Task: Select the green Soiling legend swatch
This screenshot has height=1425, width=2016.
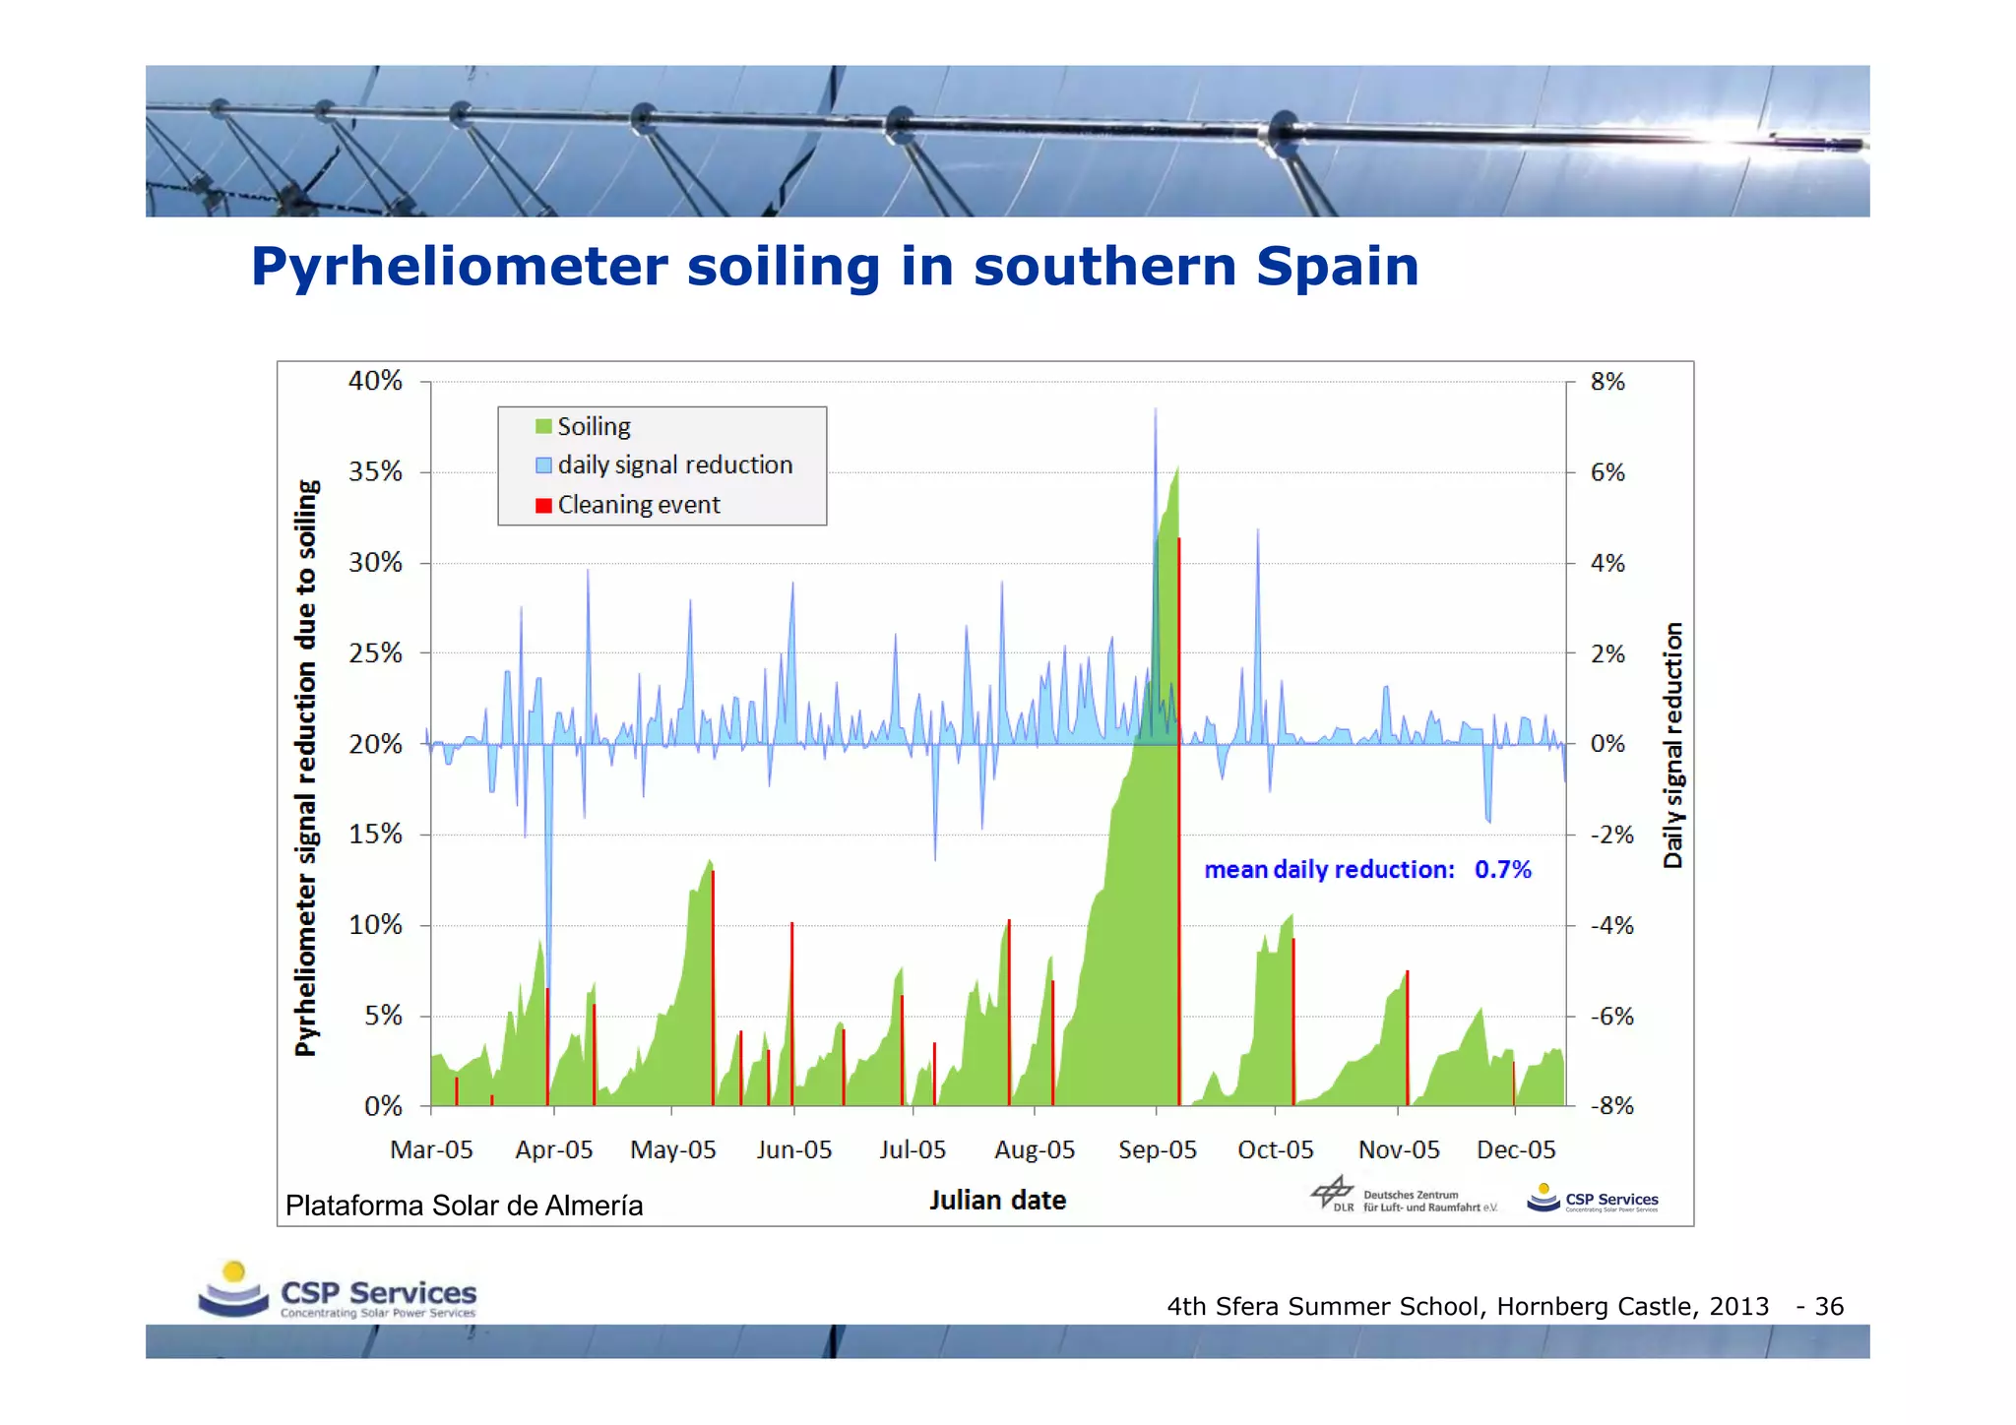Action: pyautogui.click(x=543, y=426)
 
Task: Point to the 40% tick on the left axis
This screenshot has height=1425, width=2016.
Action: pyautogui.click(x=375, y=381)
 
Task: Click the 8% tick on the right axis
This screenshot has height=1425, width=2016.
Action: pyautogui.click(x=1607, y=382)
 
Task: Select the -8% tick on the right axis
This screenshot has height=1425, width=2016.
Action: pyautogui.click(x=1611, y=1106)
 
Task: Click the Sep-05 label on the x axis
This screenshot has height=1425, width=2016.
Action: pyautogui.click(x=1157, y=1149)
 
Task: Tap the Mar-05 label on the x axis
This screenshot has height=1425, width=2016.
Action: pyautogui.click(x=431, y=1149)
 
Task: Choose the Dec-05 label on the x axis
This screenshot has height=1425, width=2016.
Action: pyautogui.click(x=1516, y=1149)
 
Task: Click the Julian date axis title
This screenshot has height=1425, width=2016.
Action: pyautogui.click(x=997, y=1201)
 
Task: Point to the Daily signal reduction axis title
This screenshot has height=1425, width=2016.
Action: pyautogui.click(x=1672, y=745)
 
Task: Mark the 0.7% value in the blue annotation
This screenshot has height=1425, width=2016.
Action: pyautogui.click(x=1502, y=870)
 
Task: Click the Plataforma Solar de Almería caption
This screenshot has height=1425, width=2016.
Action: pyautogui.click(x=464, y=1206)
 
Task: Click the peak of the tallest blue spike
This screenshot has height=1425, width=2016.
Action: pyautogui.click(x=1156, y=409)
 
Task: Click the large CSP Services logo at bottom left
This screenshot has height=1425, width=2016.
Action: pyautogui.click(x=338, y=1291)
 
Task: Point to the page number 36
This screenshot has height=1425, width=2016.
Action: pyautogui.click(x=1829, y=1307)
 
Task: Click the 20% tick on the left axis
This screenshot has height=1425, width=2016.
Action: pyautogui.click(x=375, y=744)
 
